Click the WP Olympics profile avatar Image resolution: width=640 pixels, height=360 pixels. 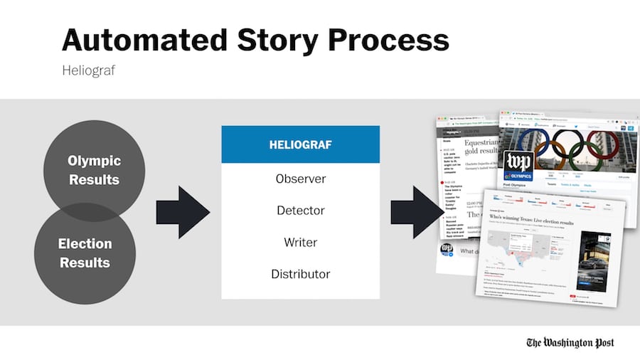click(519, 167)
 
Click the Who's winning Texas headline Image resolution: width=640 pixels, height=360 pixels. click(536, 222)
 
